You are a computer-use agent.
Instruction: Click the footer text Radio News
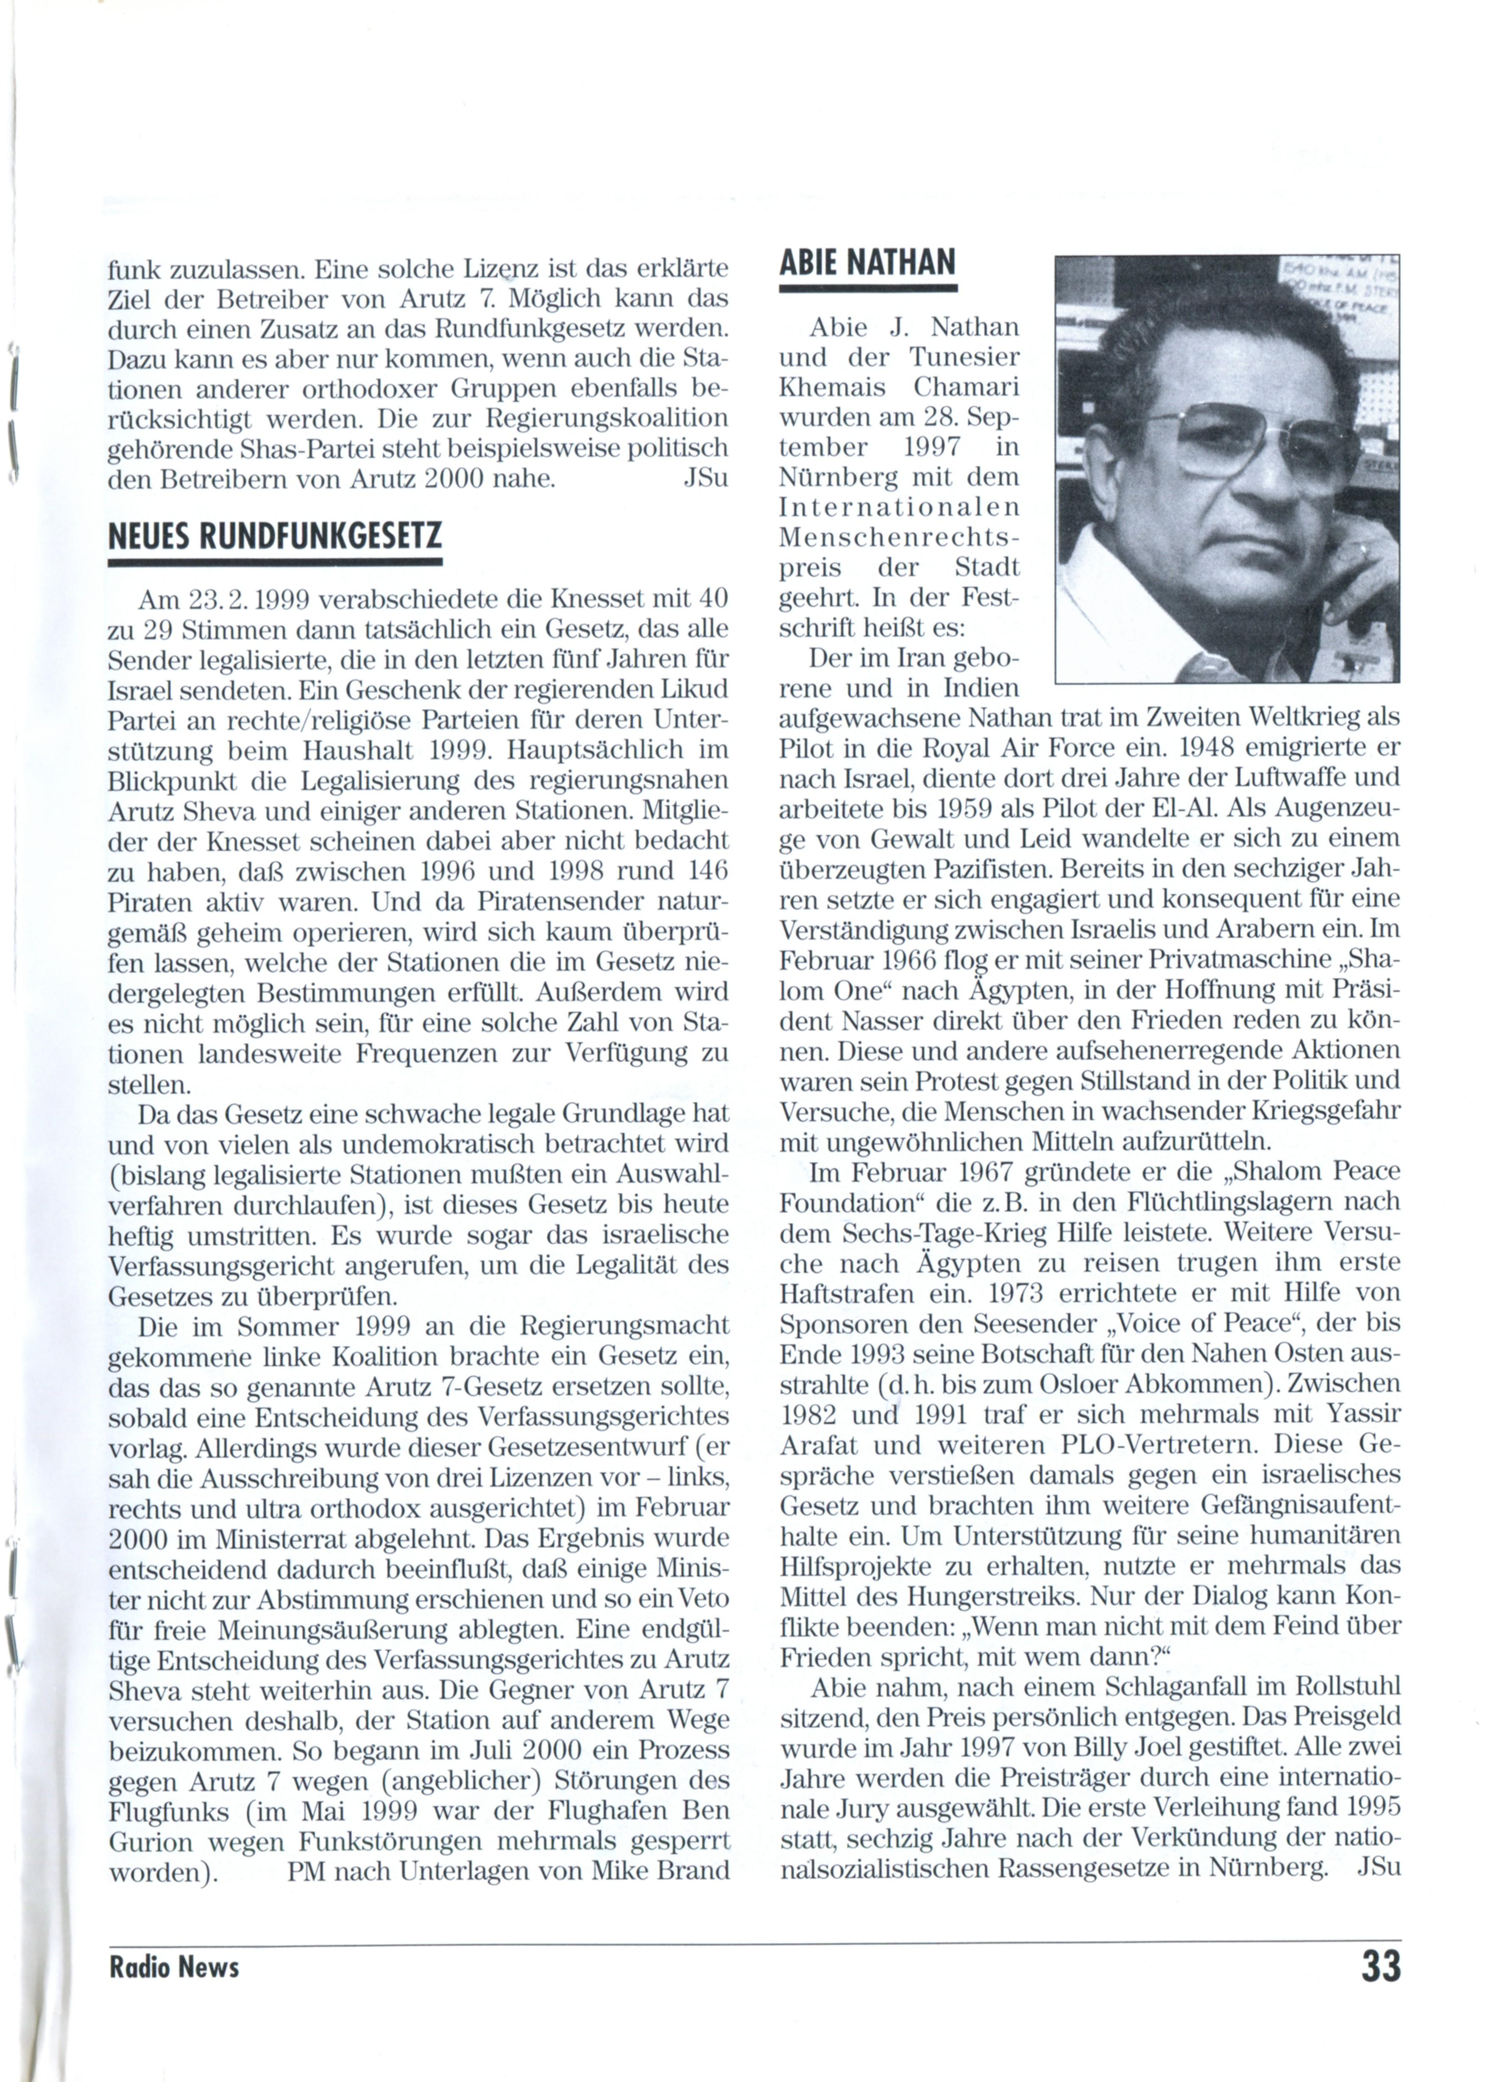[174, 1967]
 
